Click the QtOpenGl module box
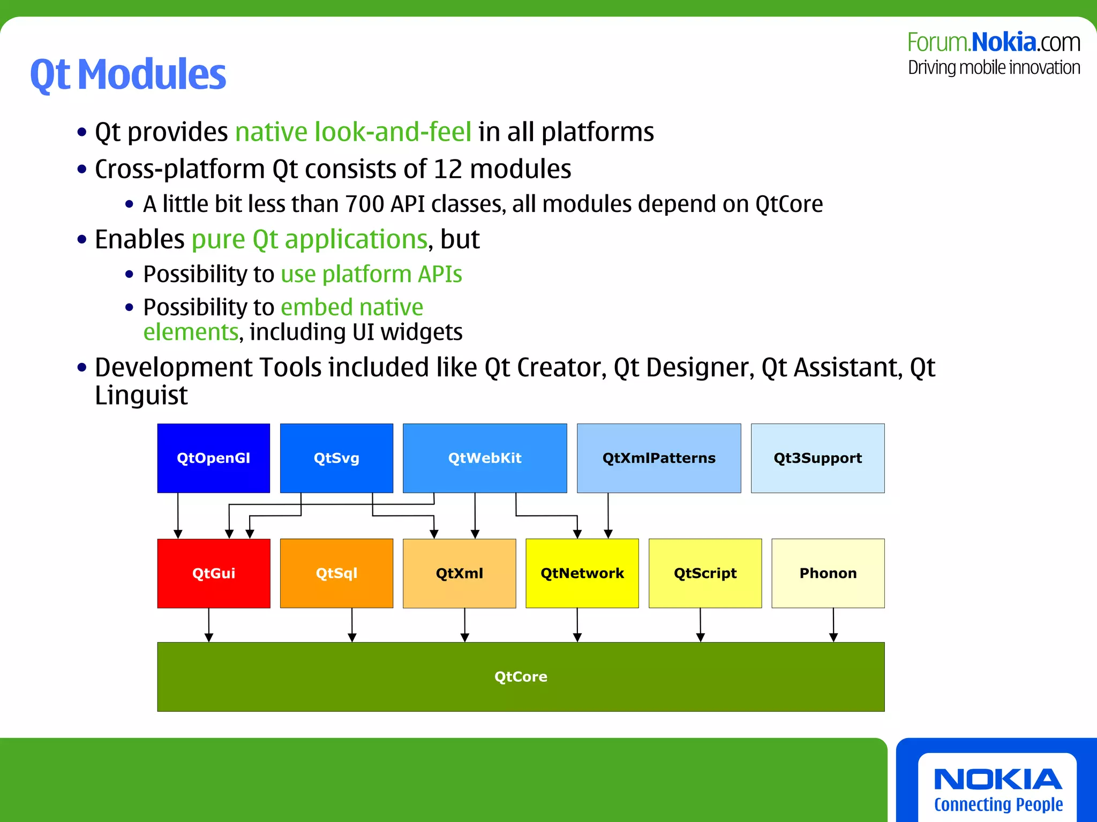click(213, 458)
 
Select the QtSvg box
click(336, 458)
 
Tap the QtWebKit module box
click(485, 458)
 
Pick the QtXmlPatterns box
click(659, 458)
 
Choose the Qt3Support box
click(817, 458)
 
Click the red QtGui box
click(213, 573)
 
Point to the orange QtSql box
click(336, 573)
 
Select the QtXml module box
click(459, 573)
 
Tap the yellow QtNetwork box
click(582, 573)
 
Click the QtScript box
click(705, 573)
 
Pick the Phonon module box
click(828, 573)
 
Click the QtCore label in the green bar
click(521, 677)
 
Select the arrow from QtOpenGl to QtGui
click(178, 515)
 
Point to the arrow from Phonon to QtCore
click(833, 625)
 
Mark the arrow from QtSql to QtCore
click(352, 625)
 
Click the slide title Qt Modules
click(128, 74)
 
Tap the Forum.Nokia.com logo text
click(994, 43)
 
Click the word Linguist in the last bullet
click(141, 395)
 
